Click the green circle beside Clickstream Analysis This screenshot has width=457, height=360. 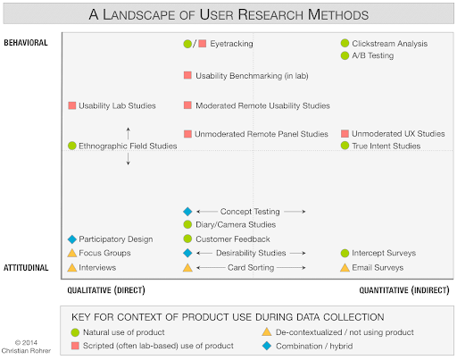(345, 43)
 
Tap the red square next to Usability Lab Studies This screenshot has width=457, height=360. (72, 105)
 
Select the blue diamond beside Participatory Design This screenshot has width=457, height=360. (72, 239)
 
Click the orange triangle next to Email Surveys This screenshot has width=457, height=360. (345, 267)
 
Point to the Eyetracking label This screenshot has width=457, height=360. (231, 44)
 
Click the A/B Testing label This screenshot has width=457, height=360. (373, 55)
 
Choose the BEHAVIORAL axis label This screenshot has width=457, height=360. (26, 43)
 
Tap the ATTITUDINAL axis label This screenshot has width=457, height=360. (26, 268)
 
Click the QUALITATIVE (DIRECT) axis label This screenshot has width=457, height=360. (106, 290)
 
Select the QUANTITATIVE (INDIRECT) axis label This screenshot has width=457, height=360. (404, 290)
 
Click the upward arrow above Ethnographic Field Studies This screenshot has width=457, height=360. (128, 133)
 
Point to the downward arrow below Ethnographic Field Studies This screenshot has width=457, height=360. (128, 159)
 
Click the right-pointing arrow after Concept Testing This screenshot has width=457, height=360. (295, 212)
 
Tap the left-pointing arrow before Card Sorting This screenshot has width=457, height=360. (211, 267)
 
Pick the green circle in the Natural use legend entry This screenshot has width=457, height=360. (75, 332)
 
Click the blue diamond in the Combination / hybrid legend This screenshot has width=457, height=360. (267, 346)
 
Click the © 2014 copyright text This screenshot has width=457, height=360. (26, 342)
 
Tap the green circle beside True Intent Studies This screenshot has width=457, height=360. (345, 146)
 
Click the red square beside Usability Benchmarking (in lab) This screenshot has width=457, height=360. (187, 75)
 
